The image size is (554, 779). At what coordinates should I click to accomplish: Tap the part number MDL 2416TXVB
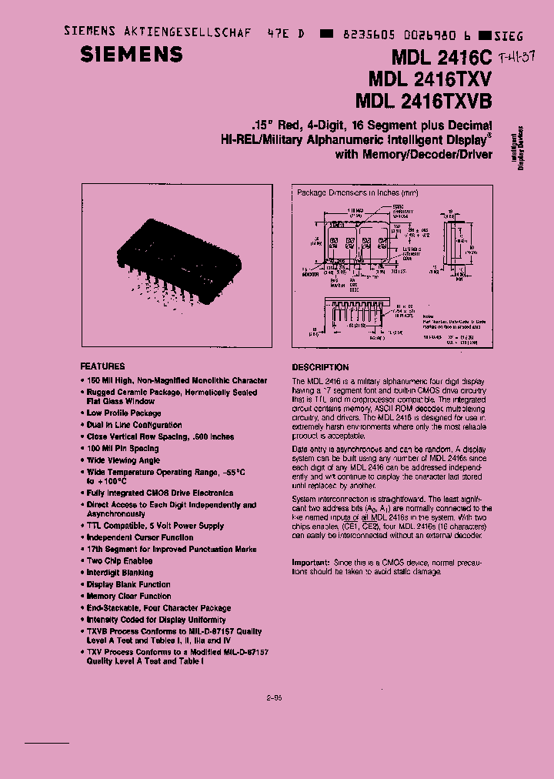(x=424, y=101)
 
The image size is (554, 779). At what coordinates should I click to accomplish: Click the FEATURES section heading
(x=102, y=366)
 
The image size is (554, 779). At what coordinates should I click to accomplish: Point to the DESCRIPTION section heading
(x=320, y=367)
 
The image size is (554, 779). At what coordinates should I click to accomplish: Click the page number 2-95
(x=275, y=698)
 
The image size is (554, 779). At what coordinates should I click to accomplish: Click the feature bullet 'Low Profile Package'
(x=124, y=413)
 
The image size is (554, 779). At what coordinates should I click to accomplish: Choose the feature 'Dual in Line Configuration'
(x=134, y=425)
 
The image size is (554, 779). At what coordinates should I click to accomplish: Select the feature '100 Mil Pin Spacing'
(x=122, y=448)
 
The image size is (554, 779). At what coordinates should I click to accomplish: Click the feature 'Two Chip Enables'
(x=119, y=561)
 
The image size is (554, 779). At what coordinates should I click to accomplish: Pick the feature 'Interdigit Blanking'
(x=119, y=573)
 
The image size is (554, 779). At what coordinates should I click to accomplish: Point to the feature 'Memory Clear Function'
(x=128, y=596)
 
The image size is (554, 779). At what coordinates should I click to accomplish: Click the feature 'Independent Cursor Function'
(x=139, y=537)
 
